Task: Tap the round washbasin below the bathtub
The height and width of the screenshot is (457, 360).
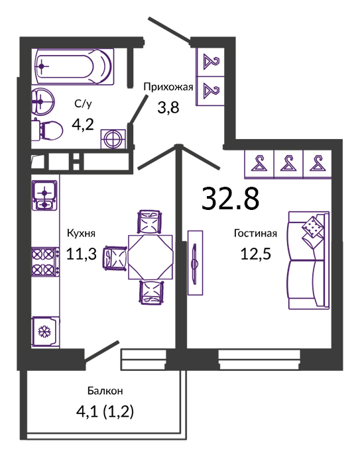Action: point(42,101)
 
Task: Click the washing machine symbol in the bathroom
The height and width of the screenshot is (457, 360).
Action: point(113,139)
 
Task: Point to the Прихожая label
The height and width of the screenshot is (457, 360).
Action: point(168,87)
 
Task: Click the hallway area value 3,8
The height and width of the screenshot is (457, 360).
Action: point(168,107)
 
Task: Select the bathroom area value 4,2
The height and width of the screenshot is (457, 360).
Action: point(83,125)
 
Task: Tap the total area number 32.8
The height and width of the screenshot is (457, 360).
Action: point(230,199)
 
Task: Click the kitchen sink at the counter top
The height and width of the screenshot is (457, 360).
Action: point(44,195)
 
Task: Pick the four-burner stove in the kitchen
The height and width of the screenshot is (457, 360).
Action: point(45,262)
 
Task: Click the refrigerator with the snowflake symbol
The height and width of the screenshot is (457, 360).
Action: point(46,331)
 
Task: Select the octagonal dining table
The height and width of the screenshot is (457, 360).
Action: point(150,257)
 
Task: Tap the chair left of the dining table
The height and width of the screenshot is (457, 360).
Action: point(115,258)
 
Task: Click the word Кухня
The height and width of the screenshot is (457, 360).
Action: point(81,233)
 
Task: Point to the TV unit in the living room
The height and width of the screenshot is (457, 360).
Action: point(195,262)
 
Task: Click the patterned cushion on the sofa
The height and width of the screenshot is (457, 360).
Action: point(312,227)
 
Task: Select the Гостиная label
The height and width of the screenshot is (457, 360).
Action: point(255,233)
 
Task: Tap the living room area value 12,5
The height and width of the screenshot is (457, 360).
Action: point(255,253)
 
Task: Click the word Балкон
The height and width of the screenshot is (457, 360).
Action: point(105,391)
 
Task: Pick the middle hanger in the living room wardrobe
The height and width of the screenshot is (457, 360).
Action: point(288,163)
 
